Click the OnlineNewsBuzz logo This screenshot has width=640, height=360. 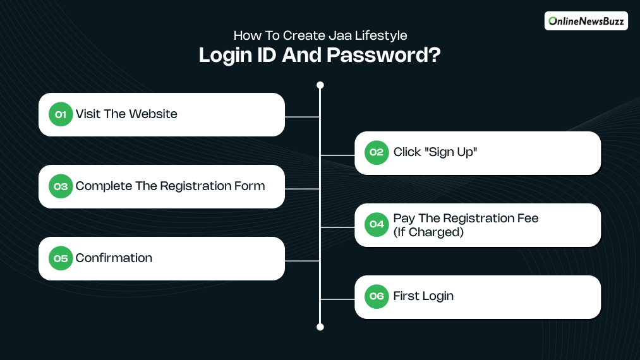tap(585, 21)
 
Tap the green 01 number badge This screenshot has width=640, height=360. tap(61, 114)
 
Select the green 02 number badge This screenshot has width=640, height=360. tap(377, 152)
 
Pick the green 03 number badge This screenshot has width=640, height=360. tap(61, 186)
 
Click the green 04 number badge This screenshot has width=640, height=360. tap(377, 224)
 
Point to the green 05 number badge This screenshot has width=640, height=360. tap(61, 258)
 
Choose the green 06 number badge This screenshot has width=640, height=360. tap(377, 296)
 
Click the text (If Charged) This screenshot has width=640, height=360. tap(428, 232)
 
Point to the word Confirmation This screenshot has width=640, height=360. tap(114, 258)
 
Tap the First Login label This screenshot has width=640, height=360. tap(423, 296)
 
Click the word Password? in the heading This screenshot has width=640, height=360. tap(383, 56)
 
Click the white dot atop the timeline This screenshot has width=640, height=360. tap(320, 85)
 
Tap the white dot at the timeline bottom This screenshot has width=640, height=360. tap(320, 327)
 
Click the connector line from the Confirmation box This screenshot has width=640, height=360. tap(302, 261)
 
